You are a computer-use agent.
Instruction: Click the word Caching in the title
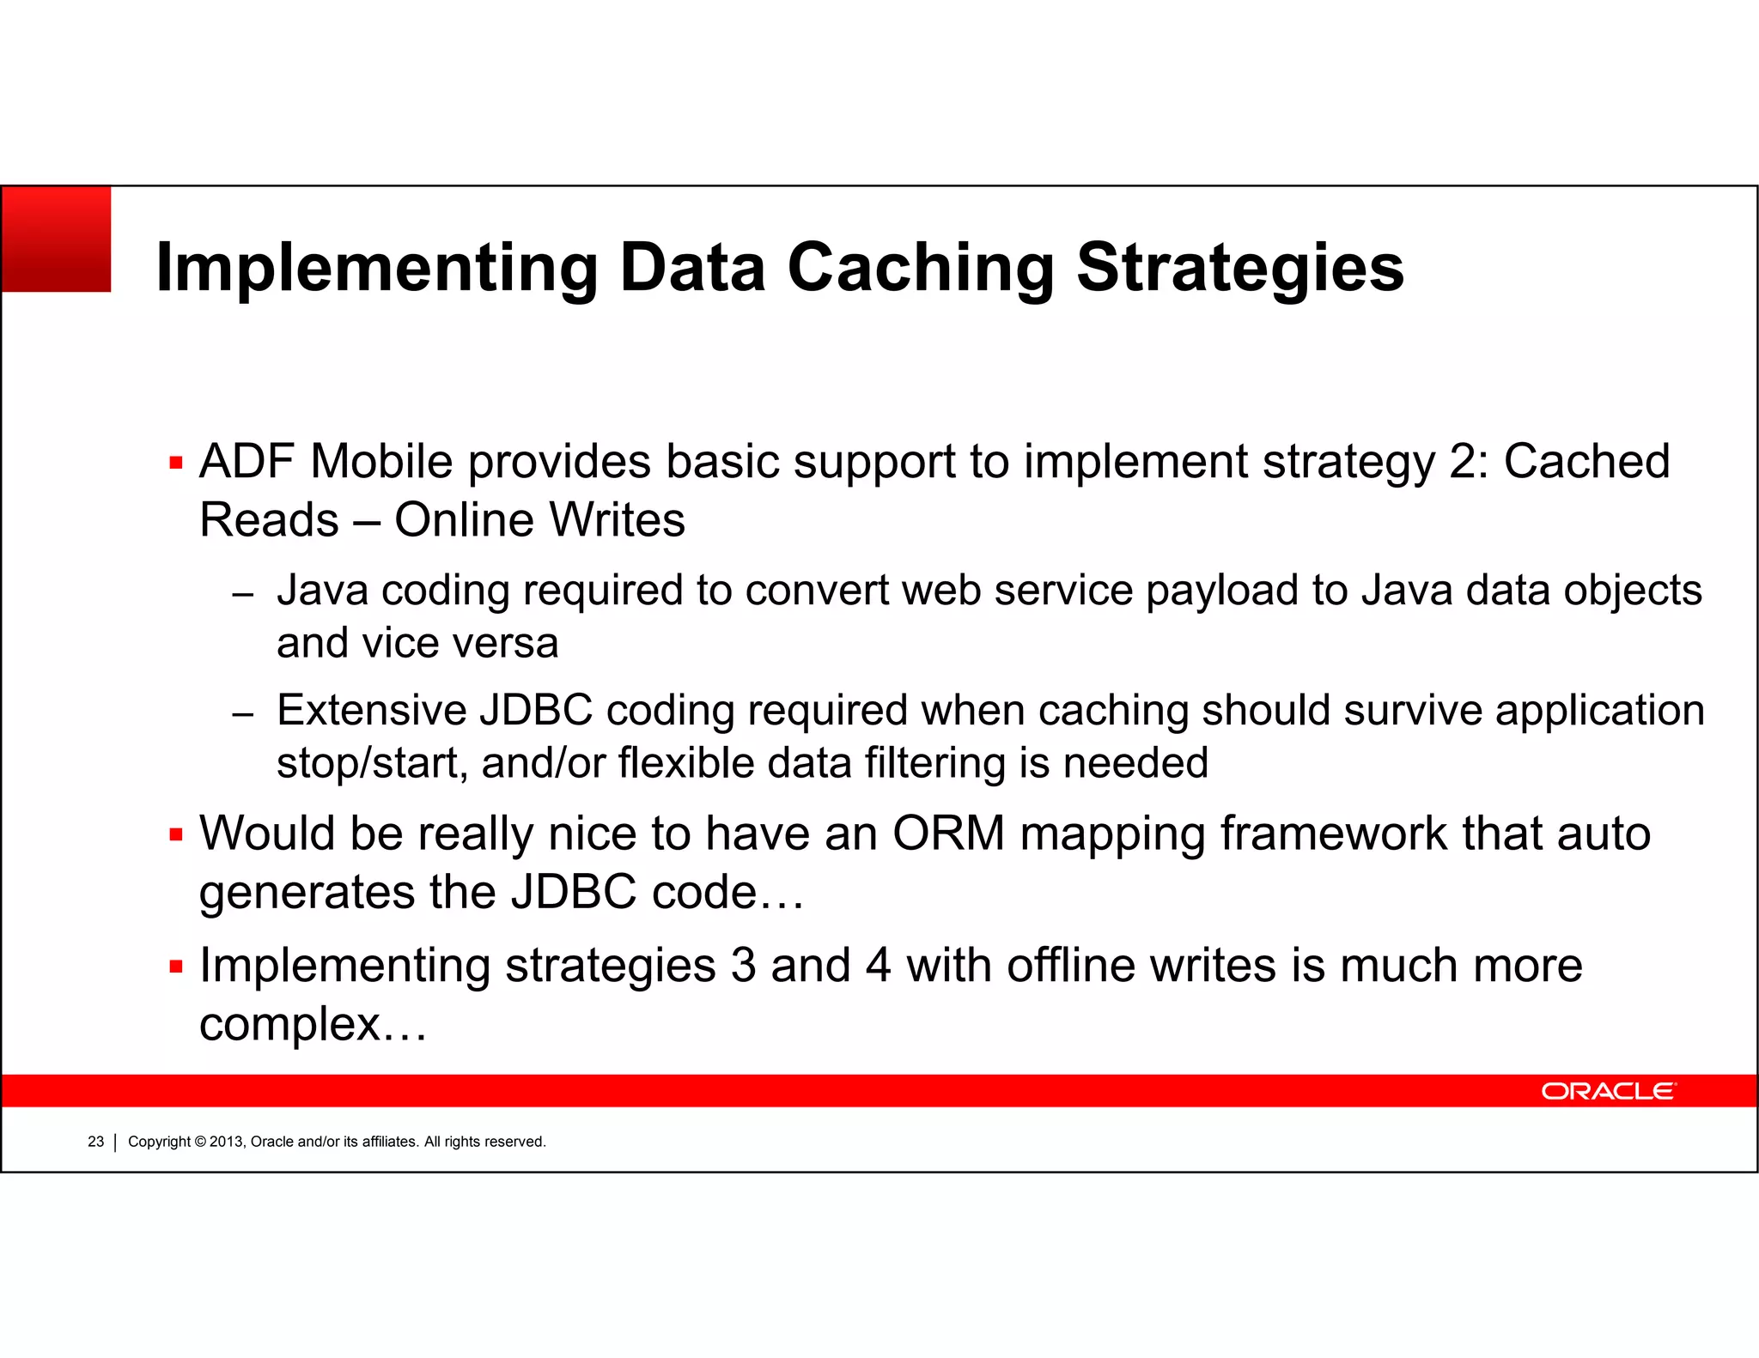(x=920, y=268)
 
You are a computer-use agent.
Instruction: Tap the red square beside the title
(x=57, y=239)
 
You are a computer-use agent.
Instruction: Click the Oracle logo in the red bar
(x=1607, y=1091)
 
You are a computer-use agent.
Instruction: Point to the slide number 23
(x=95, y=1142)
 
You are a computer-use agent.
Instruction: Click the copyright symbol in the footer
(x=200, y=1142)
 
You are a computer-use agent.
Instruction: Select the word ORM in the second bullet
(x=948, y=834)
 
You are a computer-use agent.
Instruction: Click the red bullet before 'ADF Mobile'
(x=177, y=464)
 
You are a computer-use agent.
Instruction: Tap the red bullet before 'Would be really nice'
(x=177, y=835)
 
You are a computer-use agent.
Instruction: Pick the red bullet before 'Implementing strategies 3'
(x=177, y=967)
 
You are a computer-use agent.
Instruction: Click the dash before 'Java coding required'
(x=243, y=595)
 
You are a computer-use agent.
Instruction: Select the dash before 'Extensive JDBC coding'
(x=243, y=714)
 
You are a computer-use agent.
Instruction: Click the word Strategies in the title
(x=1240, y=268)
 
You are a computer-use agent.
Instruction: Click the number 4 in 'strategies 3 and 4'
(x=878, y=966)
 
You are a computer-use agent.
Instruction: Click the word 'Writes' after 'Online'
(x=617, y=520)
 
